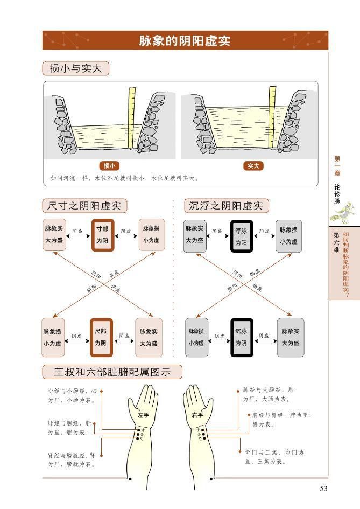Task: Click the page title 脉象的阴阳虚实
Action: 185,41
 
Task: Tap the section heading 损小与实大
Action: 76,68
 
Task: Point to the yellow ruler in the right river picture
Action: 272,116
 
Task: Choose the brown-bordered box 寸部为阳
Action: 102,235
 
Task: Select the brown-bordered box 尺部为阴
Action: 102,337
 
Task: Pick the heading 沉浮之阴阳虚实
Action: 226,206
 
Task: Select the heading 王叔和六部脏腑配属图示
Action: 112,372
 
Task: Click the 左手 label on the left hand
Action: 143,415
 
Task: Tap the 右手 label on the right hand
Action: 197,415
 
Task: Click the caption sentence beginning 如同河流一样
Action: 124,178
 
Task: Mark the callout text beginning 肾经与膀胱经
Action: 72,459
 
